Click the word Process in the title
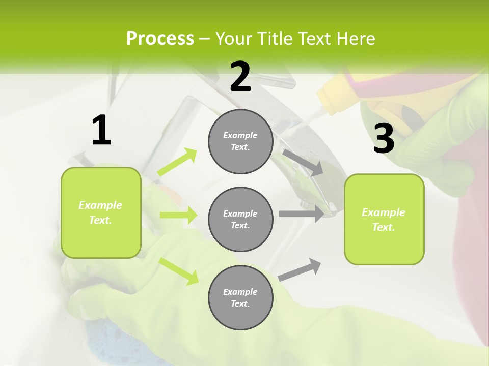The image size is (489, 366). pyautogui.click(x=160, y=39)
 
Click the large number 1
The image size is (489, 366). pyautogui.click(x=101, y=130)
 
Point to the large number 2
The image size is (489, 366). pyautogui.click(x=240, y=77)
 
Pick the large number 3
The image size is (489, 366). pyautogui.click(x=384, y=139)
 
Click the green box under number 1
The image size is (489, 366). pyautogui.click(x=101, y=212)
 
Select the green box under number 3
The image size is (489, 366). pyautogui.click(x=384, y=220)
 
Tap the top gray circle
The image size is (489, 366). pyautogui.click(x=240, y=141)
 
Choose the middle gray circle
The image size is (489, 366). pyautogui.click(x=240, y=220)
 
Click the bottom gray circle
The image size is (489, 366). pyautogui.click(x=240, y=298)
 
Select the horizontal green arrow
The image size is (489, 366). pyautogui.click(x=178, y=215)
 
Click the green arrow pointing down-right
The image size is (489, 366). pyautogui.click(x=179, y=270)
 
